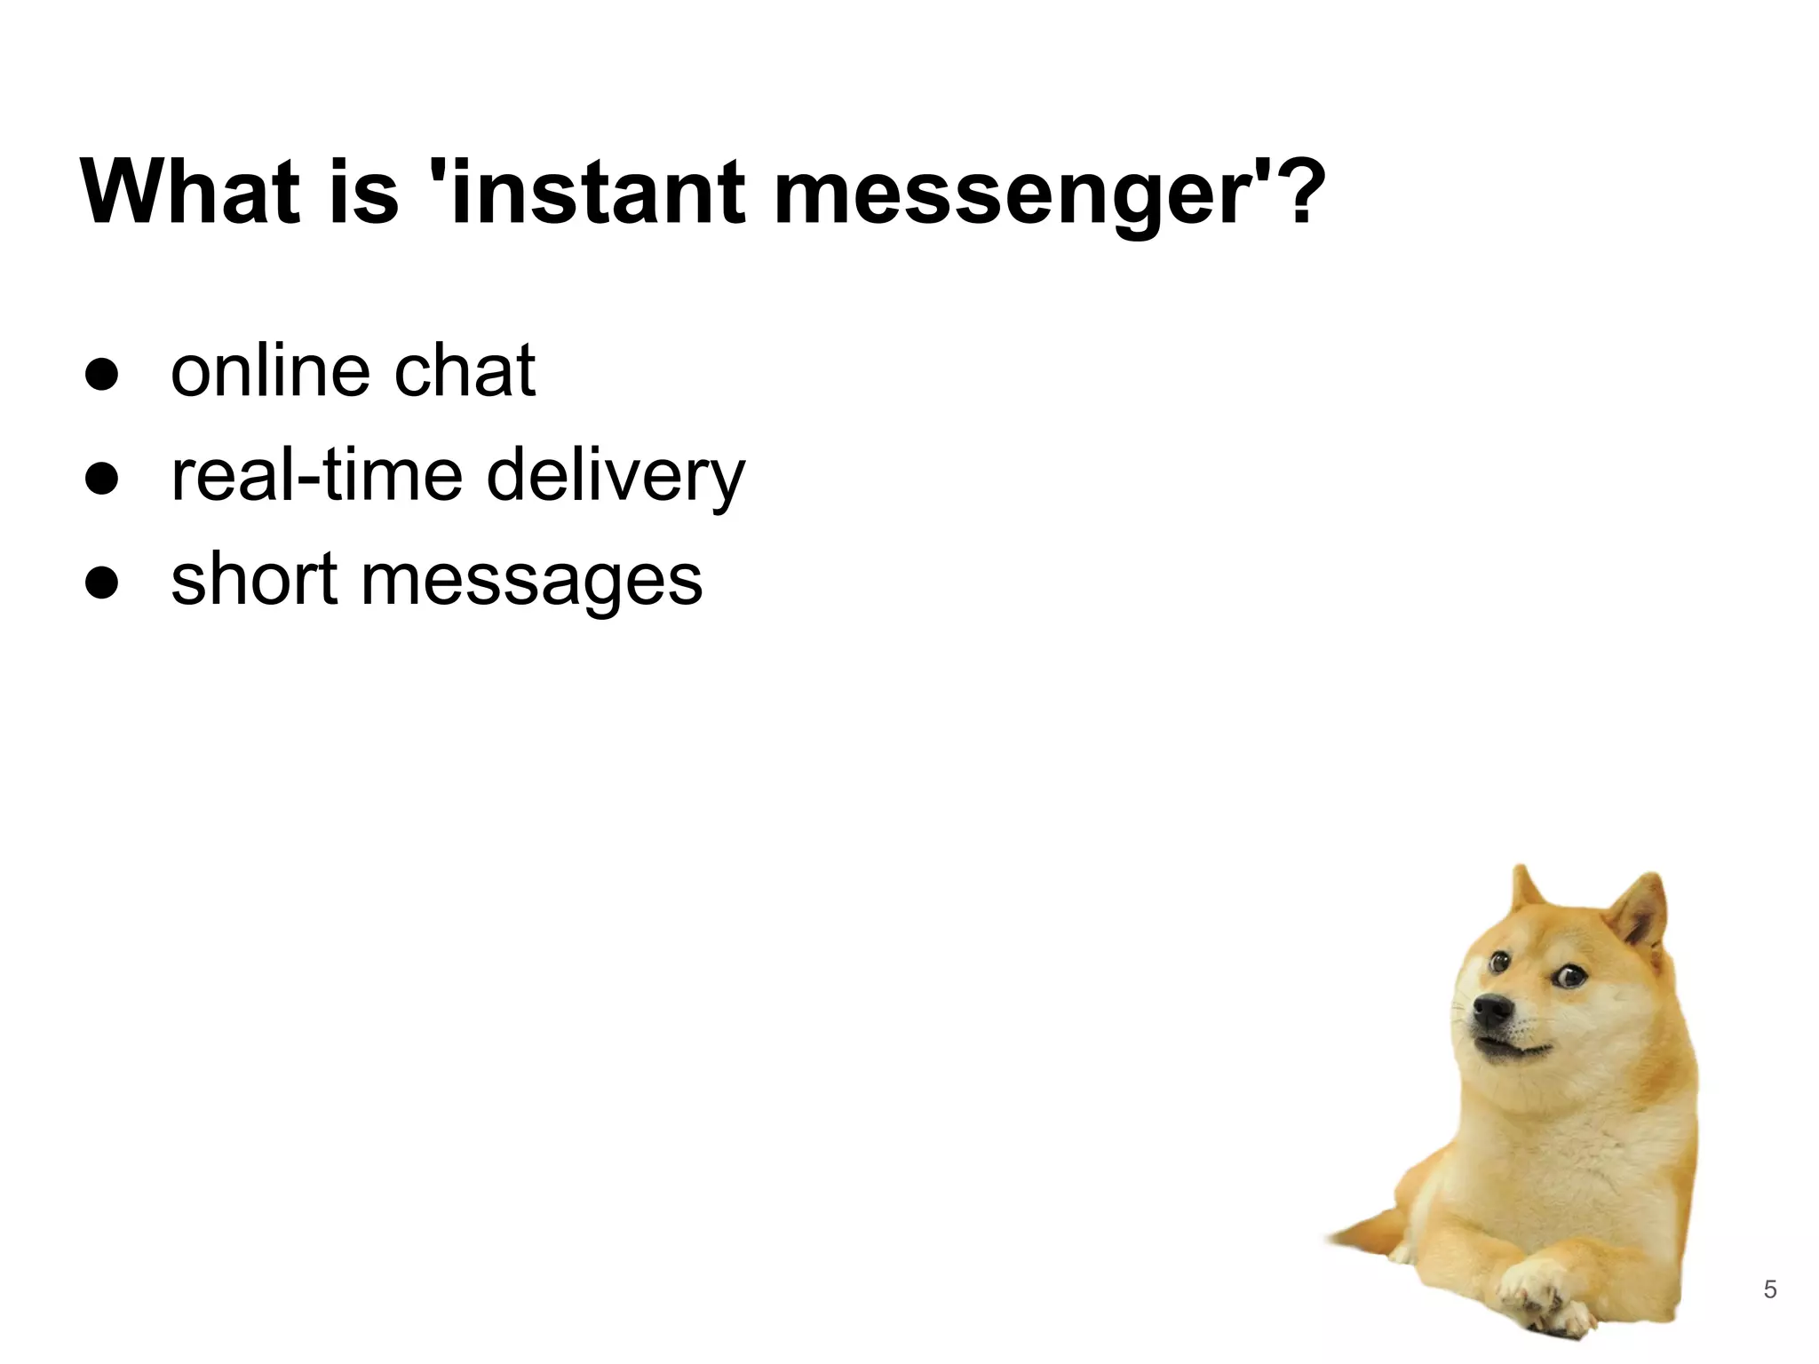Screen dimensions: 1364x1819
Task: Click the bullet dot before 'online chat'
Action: pos(102,375)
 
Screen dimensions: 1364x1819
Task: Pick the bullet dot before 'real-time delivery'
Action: pos(102,479)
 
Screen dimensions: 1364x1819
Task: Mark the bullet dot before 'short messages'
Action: pos(102,583)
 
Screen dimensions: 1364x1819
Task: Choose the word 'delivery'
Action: pos(616,477)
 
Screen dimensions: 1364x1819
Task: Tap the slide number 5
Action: pos(1770,1289)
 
